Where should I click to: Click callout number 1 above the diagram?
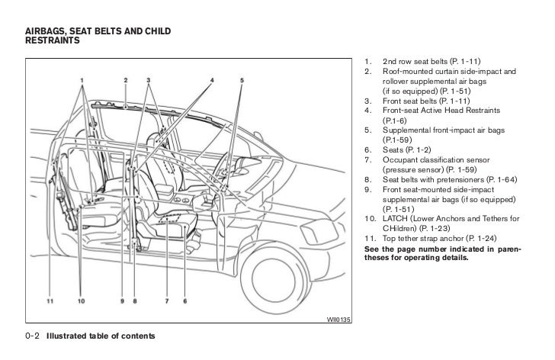(81, 80)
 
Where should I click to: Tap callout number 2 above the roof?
(125, 80)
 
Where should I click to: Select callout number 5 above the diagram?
(242, 80)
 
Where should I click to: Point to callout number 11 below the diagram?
(50, 301)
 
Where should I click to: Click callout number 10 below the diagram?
(80, 301)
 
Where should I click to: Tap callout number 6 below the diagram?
(184, 301)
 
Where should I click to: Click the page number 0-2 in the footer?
(33, 336)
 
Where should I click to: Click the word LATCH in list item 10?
(395, 220)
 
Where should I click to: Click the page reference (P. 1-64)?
(499, 180)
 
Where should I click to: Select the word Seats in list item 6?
(393, 151)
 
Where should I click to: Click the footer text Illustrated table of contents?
(101, 336)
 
